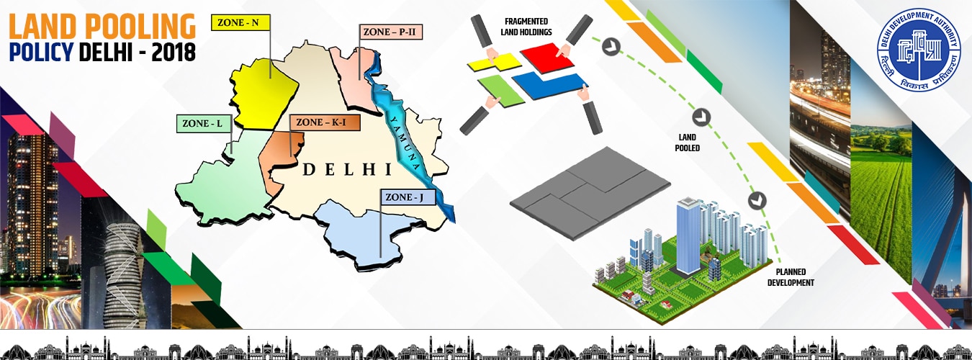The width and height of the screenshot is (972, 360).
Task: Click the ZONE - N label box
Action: point(240,22)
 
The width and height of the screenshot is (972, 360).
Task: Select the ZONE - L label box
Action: point(204,124)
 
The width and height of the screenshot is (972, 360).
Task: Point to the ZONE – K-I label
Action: point(323,122)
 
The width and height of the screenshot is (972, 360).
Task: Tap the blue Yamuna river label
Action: point(405,137)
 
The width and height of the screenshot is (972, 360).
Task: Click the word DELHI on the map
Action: point(346,170)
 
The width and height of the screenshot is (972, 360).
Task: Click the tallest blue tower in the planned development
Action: point(688,235)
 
